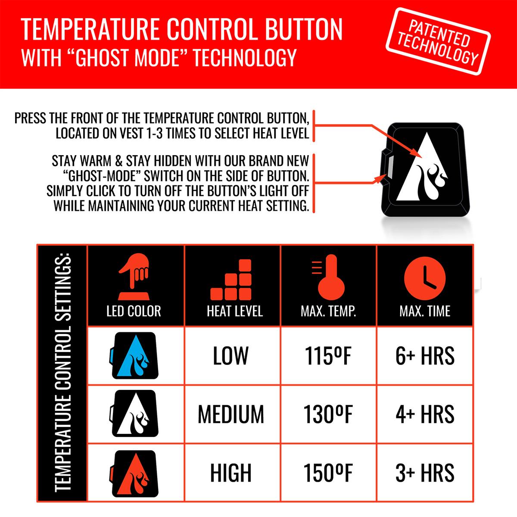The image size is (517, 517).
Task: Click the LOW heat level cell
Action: pos(231,356)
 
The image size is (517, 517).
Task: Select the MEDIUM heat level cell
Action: pos(231,414)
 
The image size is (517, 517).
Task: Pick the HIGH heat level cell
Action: pos(231,473)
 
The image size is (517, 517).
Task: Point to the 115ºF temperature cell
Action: pos(328,356)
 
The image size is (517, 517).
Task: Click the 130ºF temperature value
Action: pos(328,414)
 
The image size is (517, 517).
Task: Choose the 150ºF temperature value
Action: pos(328,473)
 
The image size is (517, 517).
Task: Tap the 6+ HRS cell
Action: pos(425,356)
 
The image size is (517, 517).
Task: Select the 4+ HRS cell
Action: pos(425,414)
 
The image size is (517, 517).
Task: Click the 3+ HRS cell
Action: pos(425,473)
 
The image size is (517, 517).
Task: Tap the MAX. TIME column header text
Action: pos(425,311)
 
